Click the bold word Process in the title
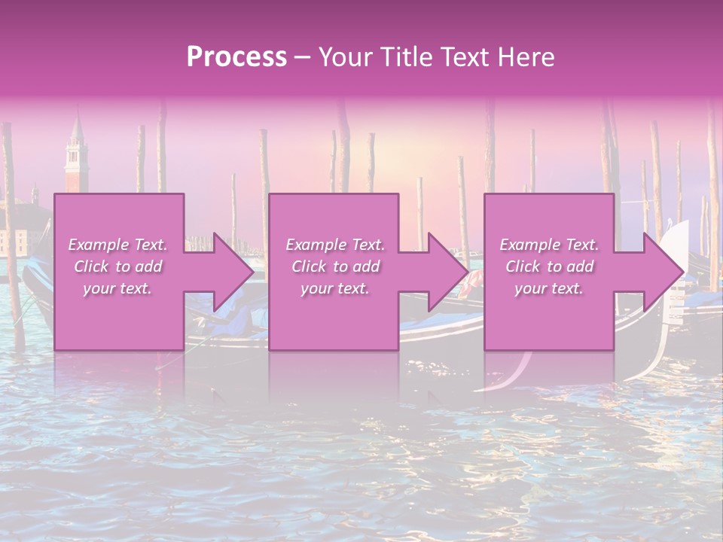click(236, 57)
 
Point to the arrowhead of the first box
click(233, 273)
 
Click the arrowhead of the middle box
click(448, 273)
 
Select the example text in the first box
click(117, 266)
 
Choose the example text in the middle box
click(334, 266)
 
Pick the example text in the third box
click(549, 266)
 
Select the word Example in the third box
click(530, 245)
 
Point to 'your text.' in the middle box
click(334, 288)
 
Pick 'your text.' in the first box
click(117, 288)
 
